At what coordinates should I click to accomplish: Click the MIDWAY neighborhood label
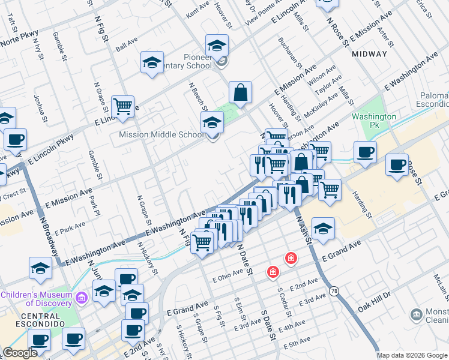click(x=369, y=54)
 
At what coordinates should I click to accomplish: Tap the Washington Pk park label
click(x=374, y=121)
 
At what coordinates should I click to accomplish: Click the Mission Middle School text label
click(x=161, y=134)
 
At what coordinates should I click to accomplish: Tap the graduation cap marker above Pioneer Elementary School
click(x=217, y=44)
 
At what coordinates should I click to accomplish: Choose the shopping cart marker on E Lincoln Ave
click(x=122, y=107)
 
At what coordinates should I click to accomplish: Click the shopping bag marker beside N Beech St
click(x=240, y=93)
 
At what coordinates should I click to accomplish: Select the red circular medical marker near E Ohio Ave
click(x=273, y=272)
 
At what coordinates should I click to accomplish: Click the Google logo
click(x=20, y=353)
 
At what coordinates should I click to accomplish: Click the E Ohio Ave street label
click(x=228, y=277)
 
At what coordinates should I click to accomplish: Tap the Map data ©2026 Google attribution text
click(x=412, y=355)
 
